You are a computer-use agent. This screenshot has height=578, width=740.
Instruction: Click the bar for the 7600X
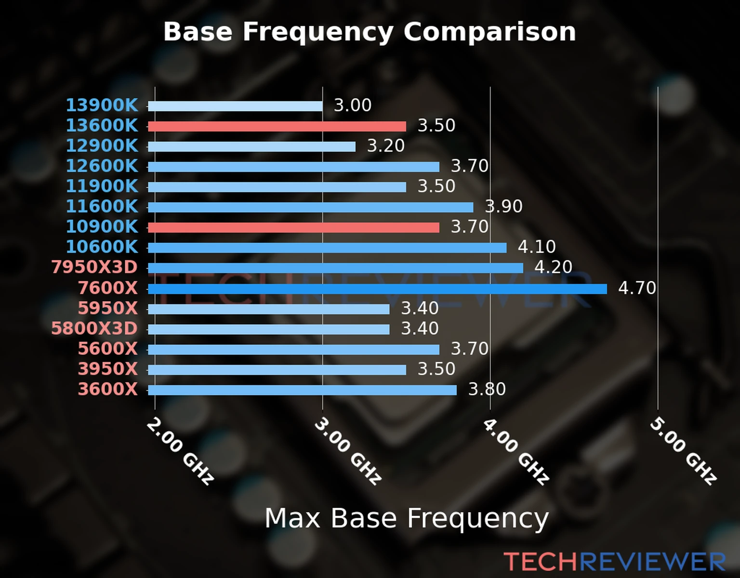click(377, 289)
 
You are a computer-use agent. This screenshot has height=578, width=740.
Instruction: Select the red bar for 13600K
click(277, 126)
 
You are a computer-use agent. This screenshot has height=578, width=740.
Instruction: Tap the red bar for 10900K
click(293, 227)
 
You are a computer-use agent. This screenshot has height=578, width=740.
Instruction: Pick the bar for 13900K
click(235, 106)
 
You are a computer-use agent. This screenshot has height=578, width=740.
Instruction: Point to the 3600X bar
click(302, 390)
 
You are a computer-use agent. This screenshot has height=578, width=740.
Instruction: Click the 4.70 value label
click(637, 288)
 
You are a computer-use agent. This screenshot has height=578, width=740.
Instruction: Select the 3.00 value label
click(353, 105)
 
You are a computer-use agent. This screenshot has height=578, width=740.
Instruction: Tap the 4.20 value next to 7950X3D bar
click(553, 267)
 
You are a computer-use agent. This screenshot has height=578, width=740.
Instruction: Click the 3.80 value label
click(487, 389)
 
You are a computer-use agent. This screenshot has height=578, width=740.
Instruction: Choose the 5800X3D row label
click(94, 328)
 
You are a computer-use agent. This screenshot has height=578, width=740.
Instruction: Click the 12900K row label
click(102, 145)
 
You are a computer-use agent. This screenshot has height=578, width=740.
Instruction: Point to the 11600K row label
click(102, 206)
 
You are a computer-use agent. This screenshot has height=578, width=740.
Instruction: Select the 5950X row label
click(108, 308)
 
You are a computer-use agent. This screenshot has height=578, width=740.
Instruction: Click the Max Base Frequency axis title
click(407, 518)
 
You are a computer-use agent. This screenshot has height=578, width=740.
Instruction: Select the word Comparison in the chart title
click(489, 32)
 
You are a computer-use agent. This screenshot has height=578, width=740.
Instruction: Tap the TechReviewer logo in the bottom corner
click(615, 562)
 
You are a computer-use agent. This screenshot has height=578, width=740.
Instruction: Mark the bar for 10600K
click(327, 248)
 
